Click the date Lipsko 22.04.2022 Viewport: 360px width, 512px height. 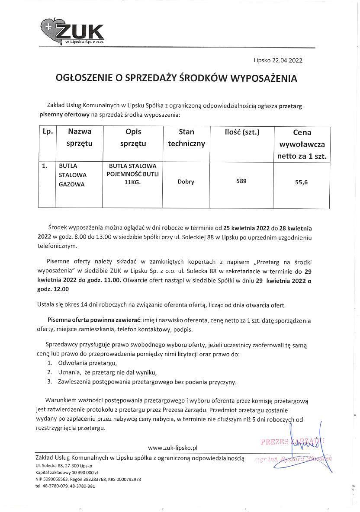point(278,61)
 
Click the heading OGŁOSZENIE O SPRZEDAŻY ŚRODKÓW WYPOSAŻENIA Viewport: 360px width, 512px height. point(177,78)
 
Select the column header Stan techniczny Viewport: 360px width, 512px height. point(186,138)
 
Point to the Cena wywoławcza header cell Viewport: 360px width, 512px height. point(302,144)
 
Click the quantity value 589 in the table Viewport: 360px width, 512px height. point(241,181)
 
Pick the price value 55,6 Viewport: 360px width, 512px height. point(301,182)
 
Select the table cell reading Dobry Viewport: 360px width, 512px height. point(186,182)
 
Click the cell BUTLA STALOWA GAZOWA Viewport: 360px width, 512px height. point(73,175)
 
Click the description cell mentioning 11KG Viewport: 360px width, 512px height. point(133,174)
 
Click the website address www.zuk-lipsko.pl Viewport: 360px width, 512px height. point(172,448)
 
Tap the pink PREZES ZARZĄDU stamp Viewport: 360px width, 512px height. point(292,442)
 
